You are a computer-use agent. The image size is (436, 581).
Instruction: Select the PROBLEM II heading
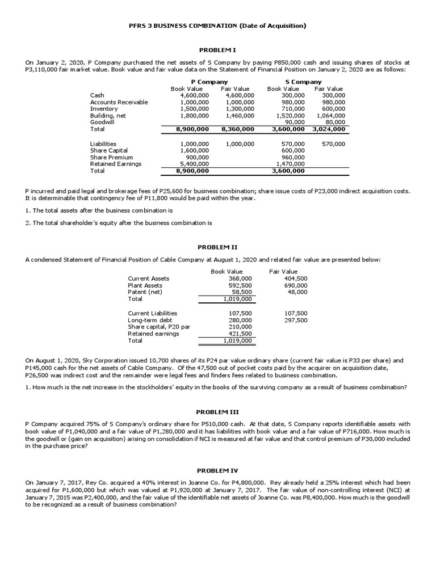coord(217,248)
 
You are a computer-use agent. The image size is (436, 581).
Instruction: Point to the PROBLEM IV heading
coord(217,471)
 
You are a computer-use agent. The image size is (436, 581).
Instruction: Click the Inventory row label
coord(104,108)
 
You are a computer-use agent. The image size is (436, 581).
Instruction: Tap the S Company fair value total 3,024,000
coord(329,129)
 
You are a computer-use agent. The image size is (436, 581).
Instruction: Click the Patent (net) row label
coord(145,292)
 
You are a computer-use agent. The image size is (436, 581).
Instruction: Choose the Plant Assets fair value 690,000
coord(296,285)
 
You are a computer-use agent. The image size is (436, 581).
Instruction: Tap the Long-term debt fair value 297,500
coord(296,320)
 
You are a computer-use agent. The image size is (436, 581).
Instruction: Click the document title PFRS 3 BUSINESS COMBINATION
coord(217,26)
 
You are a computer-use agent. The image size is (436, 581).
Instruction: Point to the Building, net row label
coord(108,115)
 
